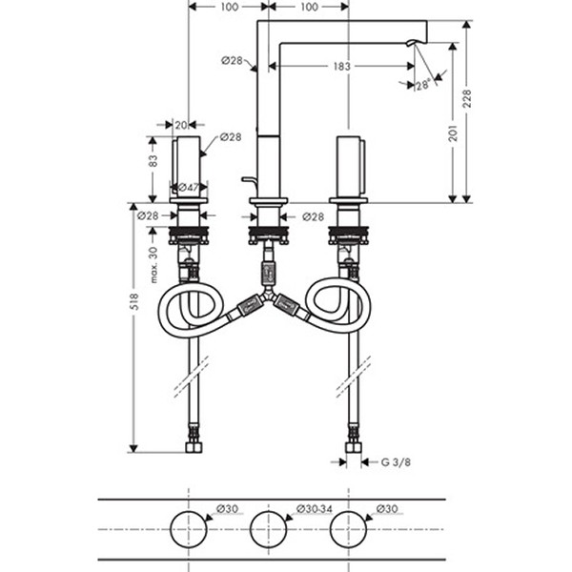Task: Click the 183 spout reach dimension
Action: [342, 67]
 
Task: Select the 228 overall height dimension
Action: [466, 98]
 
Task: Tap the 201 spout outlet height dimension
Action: [453, 133]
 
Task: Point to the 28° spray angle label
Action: [423, 86]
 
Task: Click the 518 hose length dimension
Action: [133, 301]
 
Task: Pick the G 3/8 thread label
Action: [396, 462]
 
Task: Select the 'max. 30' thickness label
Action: [153, 265]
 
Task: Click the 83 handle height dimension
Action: [153, 160]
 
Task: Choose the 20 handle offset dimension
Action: [181, 125]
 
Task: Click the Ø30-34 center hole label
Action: [314, 508]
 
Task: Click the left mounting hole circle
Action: [171, 529]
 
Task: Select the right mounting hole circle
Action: [330, 529]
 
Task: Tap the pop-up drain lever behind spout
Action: [250, 179]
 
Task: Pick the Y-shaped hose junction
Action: [269, 295]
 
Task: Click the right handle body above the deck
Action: [351, 167]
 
